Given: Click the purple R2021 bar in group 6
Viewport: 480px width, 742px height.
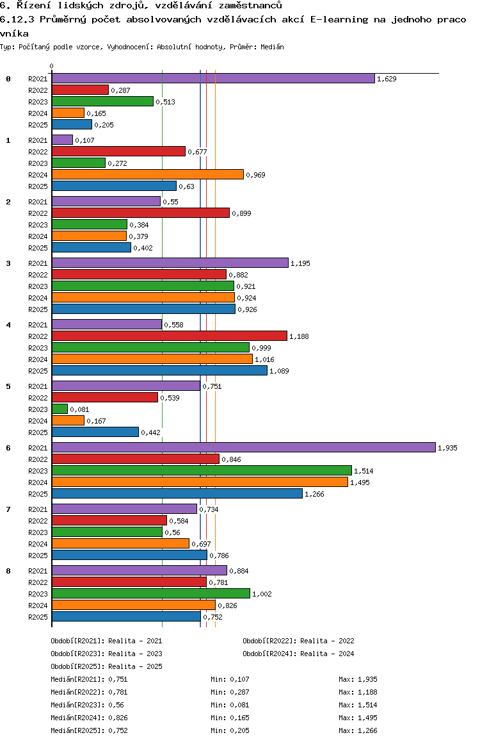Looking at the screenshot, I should coord(243,447).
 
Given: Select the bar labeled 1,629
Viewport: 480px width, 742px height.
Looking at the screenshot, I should coord(212,78).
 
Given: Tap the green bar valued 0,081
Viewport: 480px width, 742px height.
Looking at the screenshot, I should coord(60,409).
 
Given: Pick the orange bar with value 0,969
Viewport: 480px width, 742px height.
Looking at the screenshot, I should coord(147,174).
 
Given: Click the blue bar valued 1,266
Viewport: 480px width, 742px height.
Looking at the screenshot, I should coord(177,493).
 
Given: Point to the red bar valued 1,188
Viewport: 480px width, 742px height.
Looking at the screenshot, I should coord(169,336).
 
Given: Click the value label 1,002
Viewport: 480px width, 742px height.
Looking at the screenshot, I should coord(262,594).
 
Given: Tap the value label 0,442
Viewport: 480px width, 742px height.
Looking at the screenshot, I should coord(151,433).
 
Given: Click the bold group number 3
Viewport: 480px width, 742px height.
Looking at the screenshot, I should coord(8,263).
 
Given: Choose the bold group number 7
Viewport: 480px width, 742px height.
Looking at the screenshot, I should coord(8,509).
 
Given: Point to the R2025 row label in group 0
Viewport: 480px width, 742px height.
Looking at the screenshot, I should coord(38,125).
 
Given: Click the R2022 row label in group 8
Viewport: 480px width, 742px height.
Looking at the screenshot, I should coord(38,582).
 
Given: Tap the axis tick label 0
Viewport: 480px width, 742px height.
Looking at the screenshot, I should coord(52,66).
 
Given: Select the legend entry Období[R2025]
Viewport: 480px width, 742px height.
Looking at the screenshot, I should coord(78,666).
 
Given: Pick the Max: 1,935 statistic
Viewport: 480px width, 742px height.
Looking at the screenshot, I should coord(358,679).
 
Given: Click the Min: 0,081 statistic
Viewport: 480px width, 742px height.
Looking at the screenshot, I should coord(230,705).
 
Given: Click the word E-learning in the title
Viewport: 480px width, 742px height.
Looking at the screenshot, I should coord(340,19).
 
